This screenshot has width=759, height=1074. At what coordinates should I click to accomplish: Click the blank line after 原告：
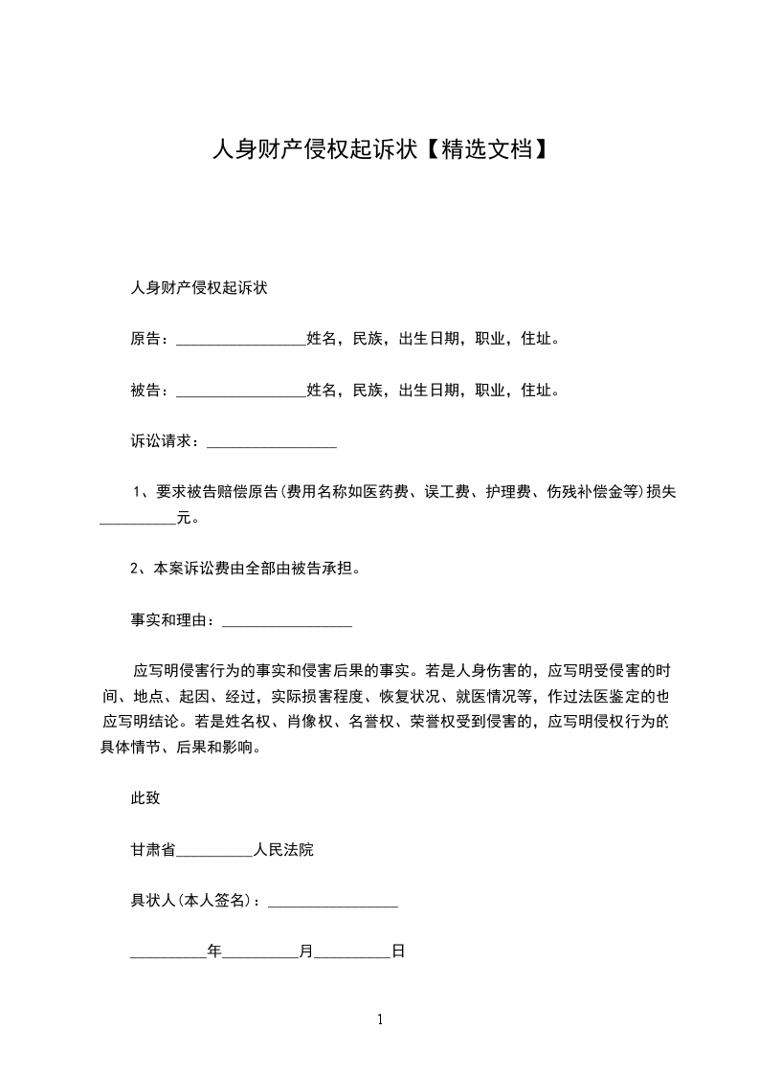[x=241, y=340]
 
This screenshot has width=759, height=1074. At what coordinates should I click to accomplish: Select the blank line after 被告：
[x=241, y=392]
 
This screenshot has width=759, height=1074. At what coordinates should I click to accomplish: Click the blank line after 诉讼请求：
[x=272, y=443]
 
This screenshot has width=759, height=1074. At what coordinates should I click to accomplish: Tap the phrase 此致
[x=145, y=798]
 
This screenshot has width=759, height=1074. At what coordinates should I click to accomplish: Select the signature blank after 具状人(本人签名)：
[x=332, y=903]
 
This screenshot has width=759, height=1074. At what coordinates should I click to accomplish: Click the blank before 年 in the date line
[x=168, y=954]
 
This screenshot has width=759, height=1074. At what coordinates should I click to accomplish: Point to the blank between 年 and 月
[x=260, y=954]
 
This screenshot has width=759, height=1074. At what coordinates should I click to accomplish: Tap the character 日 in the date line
[x=398, y=952]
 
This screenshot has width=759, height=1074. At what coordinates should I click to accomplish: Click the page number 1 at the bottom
[x=380, y=1020]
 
